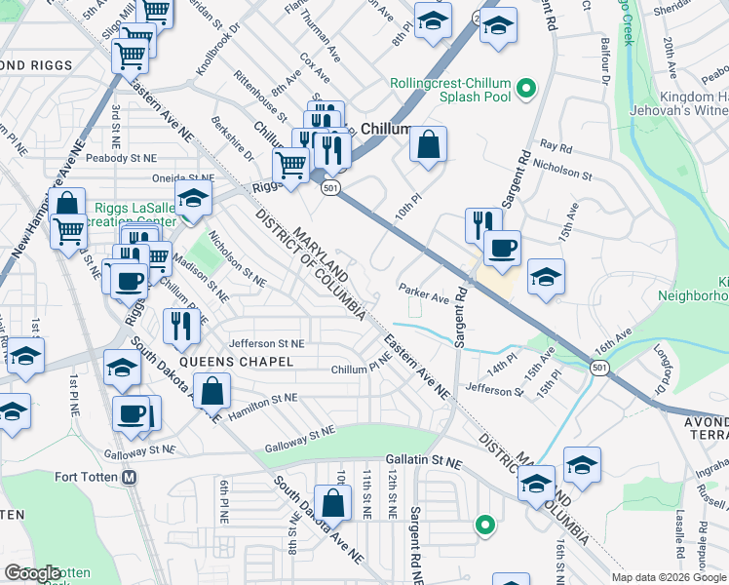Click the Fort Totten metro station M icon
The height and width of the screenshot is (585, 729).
[x=130, y=478]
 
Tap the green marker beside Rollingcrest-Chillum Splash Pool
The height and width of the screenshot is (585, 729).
[x=527, y=91]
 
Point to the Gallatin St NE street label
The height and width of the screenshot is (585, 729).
[x=421, y=459]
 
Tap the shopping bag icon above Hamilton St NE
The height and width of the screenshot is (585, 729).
[x=212, y=392]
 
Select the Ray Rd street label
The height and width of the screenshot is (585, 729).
[x=556, y=147]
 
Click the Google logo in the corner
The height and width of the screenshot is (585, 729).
[x=32, y=573]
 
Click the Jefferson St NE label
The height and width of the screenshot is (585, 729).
[x=267, y=343]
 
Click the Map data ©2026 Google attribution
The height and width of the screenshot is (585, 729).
[x=669, y=577]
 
